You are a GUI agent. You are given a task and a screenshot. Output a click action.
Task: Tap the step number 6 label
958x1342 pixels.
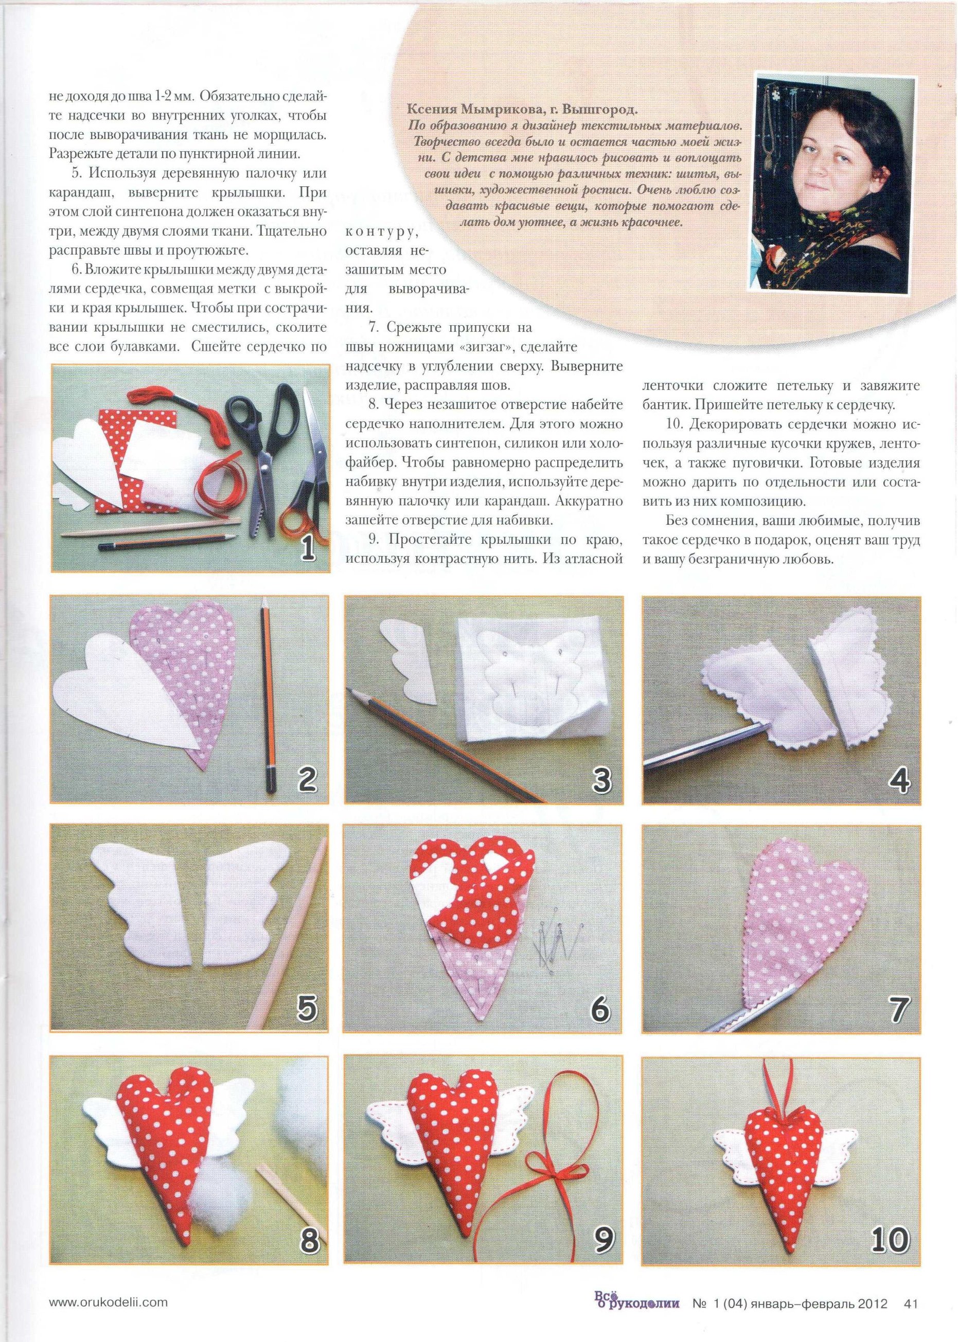click(x=600, y=1009)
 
